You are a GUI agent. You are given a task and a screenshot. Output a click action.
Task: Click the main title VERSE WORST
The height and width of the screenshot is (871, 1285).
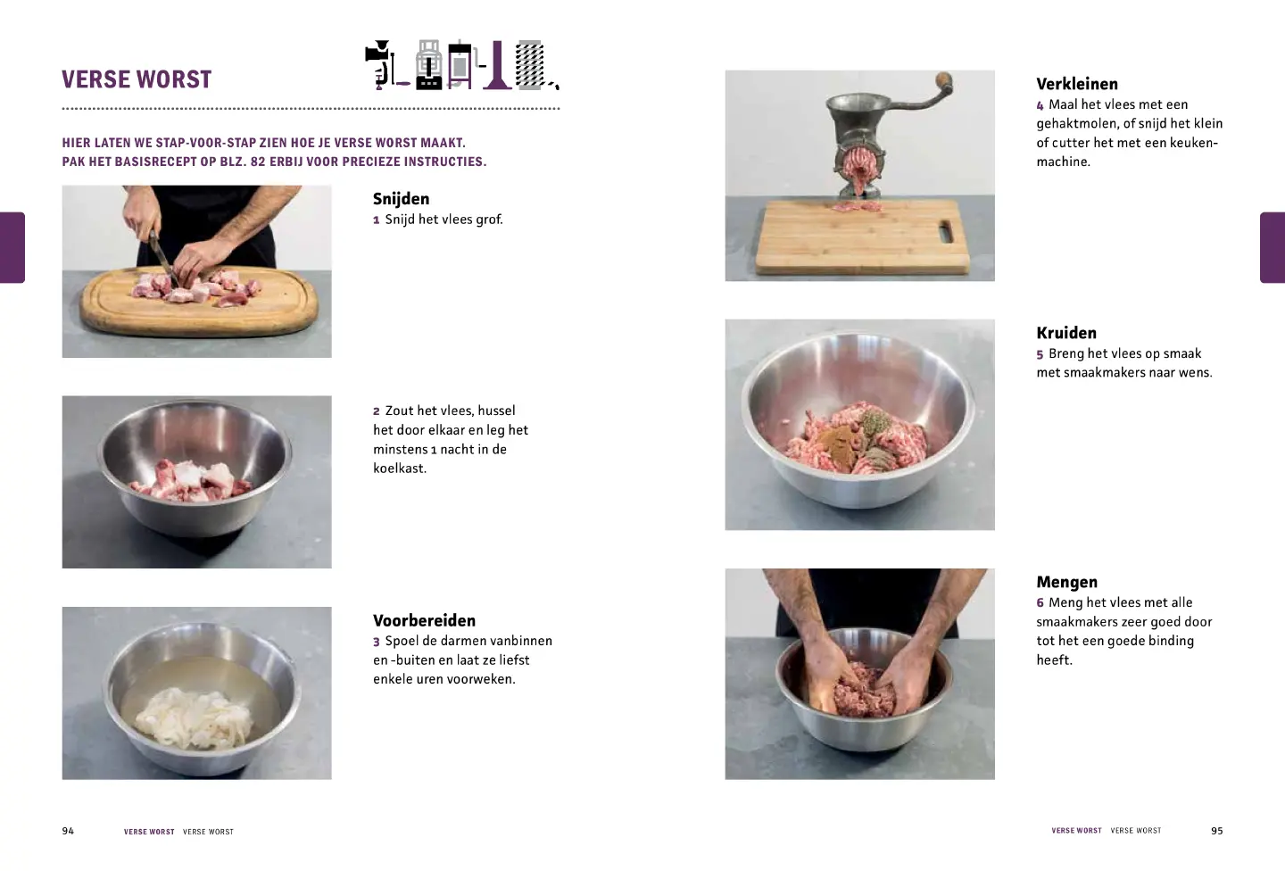(x=137, y=79)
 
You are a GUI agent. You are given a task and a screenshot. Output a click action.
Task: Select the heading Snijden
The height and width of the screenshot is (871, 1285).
(x=401, y=199)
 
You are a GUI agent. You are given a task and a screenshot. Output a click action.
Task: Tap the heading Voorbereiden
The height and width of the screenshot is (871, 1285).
(x=425, y=620)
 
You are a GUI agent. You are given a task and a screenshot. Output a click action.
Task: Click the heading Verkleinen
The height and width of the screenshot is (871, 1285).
(x=1077, y=84)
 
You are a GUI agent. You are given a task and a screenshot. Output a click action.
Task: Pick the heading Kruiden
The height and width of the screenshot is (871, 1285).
(x=1066, y=333)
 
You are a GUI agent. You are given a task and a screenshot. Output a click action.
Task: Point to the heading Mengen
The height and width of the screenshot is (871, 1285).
(x=1066, y=582)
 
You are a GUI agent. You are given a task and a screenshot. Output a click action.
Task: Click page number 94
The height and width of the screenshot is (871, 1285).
(x=68, y=831)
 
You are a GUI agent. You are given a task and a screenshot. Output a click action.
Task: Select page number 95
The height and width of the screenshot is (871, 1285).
(x=1217, y=831)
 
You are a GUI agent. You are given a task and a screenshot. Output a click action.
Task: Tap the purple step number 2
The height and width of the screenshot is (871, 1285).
(x=377, y=411)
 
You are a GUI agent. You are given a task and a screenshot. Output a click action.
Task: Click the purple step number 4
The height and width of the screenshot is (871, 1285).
(x=1040, y=105)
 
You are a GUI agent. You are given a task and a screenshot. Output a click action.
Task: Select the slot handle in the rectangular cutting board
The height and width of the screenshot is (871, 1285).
(x=945, y=232)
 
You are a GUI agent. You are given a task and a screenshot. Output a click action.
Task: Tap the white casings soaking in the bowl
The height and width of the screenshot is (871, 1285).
(x=194, y=718)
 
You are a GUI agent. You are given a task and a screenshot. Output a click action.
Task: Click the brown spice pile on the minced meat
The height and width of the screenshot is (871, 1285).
(x=838, y=441)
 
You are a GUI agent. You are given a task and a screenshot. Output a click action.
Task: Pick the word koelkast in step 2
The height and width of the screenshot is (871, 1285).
(x=399, y=469)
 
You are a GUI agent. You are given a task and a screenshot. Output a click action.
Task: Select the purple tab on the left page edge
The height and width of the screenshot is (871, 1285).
(x=12, y=247)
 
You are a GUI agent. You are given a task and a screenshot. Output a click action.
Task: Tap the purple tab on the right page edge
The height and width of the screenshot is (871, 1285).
(x=1273, y=247)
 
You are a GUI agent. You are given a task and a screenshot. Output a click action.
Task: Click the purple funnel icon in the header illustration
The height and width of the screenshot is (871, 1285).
(x=497, y=65)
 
